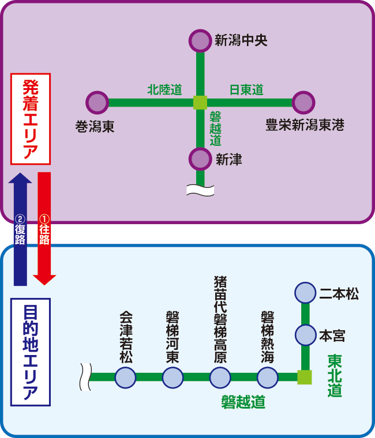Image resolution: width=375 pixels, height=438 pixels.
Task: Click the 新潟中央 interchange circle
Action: (x=200, y=40)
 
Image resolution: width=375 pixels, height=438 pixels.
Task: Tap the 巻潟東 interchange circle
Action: (x=97, y=103)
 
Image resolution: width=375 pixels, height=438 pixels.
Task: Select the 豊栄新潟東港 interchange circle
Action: (x=303, y=103)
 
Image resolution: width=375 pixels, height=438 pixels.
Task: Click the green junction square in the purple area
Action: (x=200, y=103)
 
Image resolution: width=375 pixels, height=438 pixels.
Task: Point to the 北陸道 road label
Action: (x=164, y=90)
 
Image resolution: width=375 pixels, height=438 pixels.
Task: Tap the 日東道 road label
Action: (x=246, y=90)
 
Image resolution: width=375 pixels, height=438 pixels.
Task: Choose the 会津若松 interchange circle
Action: (x=125, y=378)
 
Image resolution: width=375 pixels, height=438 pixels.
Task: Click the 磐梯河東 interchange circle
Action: (x=172, y=378)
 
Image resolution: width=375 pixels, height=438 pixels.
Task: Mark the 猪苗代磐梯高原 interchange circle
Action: (x=220, y=378)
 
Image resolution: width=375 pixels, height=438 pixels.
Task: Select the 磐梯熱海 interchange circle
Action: (x=267, y=378)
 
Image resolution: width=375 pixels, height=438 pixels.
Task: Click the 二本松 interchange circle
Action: (x=305, y=293)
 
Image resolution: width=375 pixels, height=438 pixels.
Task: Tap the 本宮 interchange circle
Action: (x=305, y=334)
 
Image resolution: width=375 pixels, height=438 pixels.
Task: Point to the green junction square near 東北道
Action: (x=305, y=377)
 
